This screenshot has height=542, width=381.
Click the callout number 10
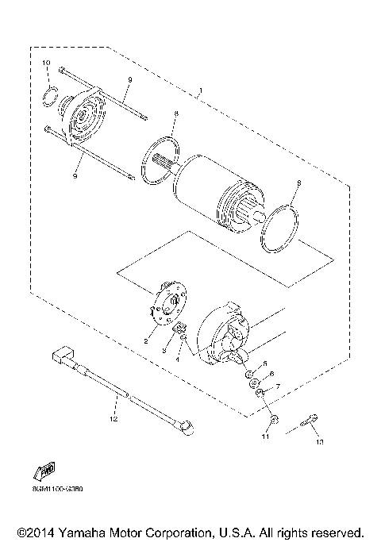(45, 63)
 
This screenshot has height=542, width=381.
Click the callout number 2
(146, 341)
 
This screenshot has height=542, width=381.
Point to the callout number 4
(178, 360)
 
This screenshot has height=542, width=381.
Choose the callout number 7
(277, 386)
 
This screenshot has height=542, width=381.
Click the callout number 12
(114, 417)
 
